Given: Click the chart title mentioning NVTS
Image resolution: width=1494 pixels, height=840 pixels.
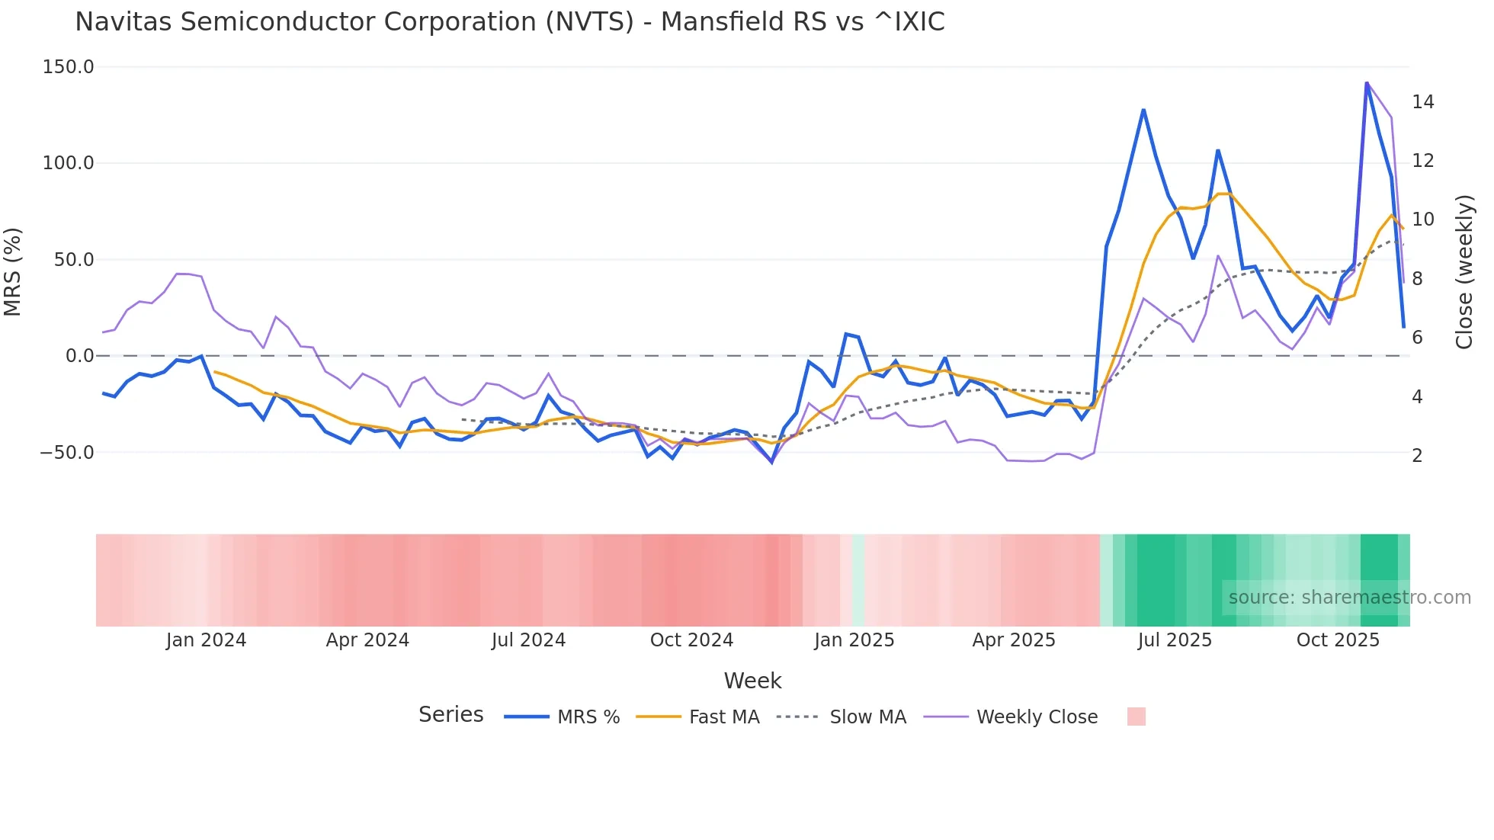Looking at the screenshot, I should (509, 22).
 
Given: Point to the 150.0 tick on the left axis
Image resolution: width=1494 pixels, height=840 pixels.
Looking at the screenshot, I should (68, 67).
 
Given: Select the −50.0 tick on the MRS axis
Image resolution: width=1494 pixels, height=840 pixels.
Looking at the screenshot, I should (66, 453).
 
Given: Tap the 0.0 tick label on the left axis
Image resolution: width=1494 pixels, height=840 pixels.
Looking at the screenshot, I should (79, 356).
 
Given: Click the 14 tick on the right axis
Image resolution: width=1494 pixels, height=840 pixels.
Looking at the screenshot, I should (1422, 102).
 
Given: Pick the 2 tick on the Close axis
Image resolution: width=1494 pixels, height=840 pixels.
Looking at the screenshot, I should (1417, 456).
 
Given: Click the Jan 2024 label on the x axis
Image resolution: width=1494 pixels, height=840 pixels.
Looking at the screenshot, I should (206, 640).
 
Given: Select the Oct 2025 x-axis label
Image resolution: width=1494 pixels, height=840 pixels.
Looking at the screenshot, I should (1338, 640).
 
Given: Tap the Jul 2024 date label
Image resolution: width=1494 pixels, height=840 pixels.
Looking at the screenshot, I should (528, 640).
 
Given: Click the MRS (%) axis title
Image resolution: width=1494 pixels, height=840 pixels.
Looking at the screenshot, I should (13, 271).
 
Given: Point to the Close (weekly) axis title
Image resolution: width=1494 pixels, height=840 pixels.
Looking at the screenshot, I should (1464, 271).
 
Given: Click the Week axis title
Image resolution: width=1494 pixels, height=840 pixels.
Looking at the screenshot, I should (752, 681).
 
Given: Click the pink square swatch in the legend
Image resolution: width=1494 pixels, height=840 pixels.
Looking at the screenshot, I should (1136, 717).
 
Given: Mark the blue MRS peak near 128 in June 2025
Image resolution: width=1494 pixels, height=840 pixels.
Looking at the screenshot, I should (1143, 111).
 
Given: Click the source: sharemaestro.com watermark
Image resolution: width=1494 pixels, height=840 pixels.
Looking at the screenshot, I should (1349, 598).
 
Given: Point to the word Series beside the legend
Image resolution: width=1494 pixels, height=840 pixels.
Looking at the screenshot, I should (450, 715).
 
